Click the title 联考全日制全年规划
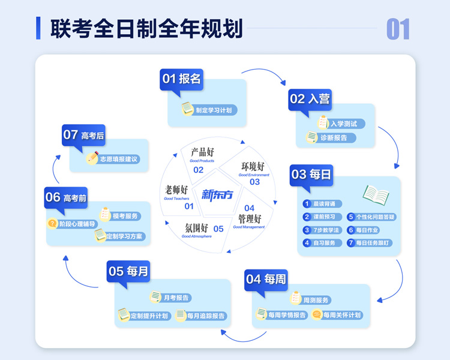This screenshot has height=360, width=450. pyautogui.click(x=146, y=28)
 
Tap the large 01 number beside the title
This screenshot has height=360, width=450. pyautogui.click(x=398, y=29)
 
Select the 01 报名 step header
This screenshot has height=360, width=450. pyautogui.click(x=181, y=79)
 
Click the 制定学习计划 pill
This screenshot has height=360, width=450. pyautogui.click(x=211, y=110)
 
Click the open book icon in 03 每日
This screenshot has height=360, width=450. pyautogui.click(x=376, y=193)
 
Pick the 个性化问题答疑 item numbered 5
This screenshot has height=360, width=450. pyautogui.click(x=371, y=217)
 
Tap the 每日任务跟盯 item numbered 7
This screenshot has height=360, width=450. pyautogui.click(x=371, y=243)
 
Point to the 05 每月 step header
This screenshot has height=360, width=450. pyautogui.click(x=128, y=271)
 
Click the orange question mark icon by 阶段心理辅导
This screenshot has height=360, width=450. pyautogui.click(x=52, y=223)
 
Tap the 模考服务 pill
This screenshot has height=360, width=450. pyautogui.click(x=124, y=215)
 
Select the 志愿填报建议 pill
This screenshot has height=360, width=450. pyautogui.click(x=118, y=159)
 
